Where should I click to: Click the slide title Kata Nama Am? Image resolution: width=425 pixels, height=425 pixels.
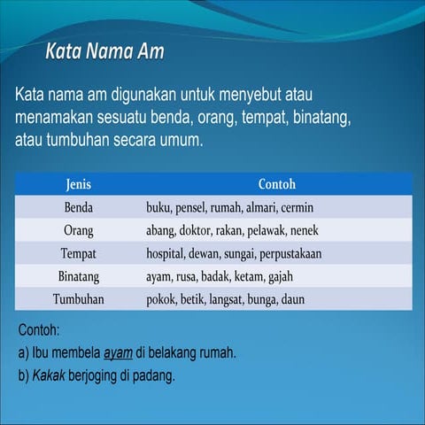pos(104,51)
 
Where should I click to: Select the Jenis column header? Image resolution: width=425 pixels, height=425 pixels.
pos(79,185)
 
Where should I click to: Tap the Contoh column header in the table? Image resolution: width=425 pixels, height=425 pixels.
pos(276,185)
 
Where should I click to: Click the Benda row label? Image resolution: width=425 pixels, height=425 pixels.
pos(79,208)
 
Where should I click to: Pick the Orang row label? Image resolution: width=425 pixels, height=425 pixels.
pos(79,231)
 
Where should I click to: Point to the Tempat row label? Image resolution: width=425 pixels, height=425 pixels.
pos(79,254)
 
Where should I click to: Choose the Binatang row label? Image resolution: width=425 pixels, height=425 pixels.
pos(79,277)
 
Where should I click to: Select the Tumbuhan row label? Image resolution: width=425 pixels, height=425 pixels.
pos(79,300)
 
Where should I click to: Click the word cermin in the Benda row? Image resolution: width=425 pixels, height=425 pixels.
pos(297,208)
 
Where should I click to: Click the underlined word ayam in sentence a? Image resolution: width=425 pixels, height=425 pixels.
pos(118,352)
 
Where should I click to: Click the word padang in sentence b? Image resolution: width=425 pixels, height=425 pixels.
pos(157,375)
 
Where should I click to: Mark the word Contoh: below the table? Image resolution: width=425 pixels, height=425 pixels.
pos(38,331)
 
